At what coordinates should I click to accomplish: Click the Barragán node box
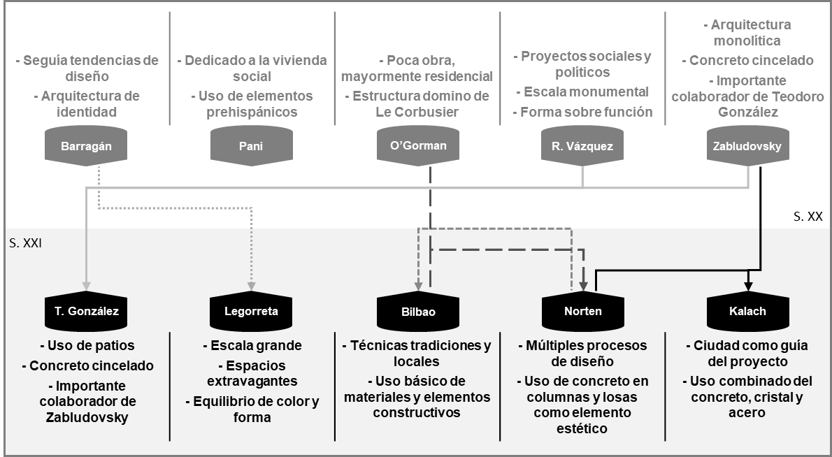(86, 145)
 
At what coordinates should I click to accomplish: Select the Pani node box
(252, 145)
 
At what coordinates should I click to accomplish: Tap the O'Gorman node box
(418, 145)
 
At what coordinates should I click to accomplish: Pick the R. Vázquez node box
(583, 145)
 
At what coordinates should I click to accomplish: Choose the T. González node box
(86, 312)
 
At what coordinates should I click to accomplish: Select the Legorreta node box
(252, 312)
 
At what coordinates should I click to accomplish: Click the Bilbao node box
(418, 312)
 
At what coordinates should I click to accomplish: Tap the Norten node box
(583, 312)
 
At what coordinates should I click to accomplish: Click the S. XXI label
(24, 245)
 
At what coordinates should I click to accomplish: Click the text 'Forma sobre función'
(582, 112)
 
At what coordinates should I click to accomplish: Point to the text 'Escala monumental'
(582, 92)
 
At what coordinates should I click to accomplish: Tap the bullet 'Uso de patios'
(87, 345)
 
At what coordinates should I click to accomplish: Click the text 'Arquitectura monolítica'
(747, 33)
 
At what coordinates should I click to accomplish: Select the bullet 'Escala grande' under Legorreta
(252, 345)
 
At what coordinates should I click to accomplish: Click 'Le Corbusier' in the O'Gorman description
(417, 112)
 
